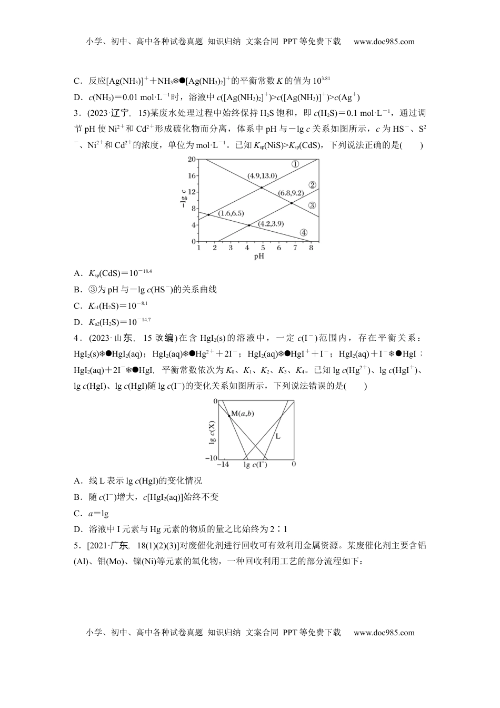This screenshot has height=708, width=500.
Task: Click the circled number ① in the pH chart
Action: click(x=295, y=164)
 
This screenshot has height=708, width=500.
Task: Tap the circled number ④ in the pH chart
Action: click(x=303, y=233)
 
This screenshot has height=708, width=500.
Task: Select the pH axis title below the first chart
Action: click(x=259, y=257)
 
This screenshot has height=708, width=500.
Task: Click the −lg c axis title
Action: click(x=183, y=200)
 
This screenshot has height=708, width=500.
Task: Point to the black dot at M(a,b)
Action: click(x=229, y=415)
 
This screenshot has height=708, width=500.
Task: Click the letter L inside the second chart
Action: click(x=278, y=436)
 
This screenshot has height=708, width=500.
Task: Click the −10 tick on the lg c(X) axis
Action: click(x=211, y=458)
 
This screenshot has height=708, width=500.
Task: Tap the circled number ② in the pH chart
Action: click(x=312, y=185)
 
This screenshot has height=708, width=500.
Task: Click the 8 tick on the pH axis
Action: click(x=311, y=248)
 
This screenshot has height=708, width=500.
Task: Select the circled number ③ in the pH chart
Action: click(x=312, y=205)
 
